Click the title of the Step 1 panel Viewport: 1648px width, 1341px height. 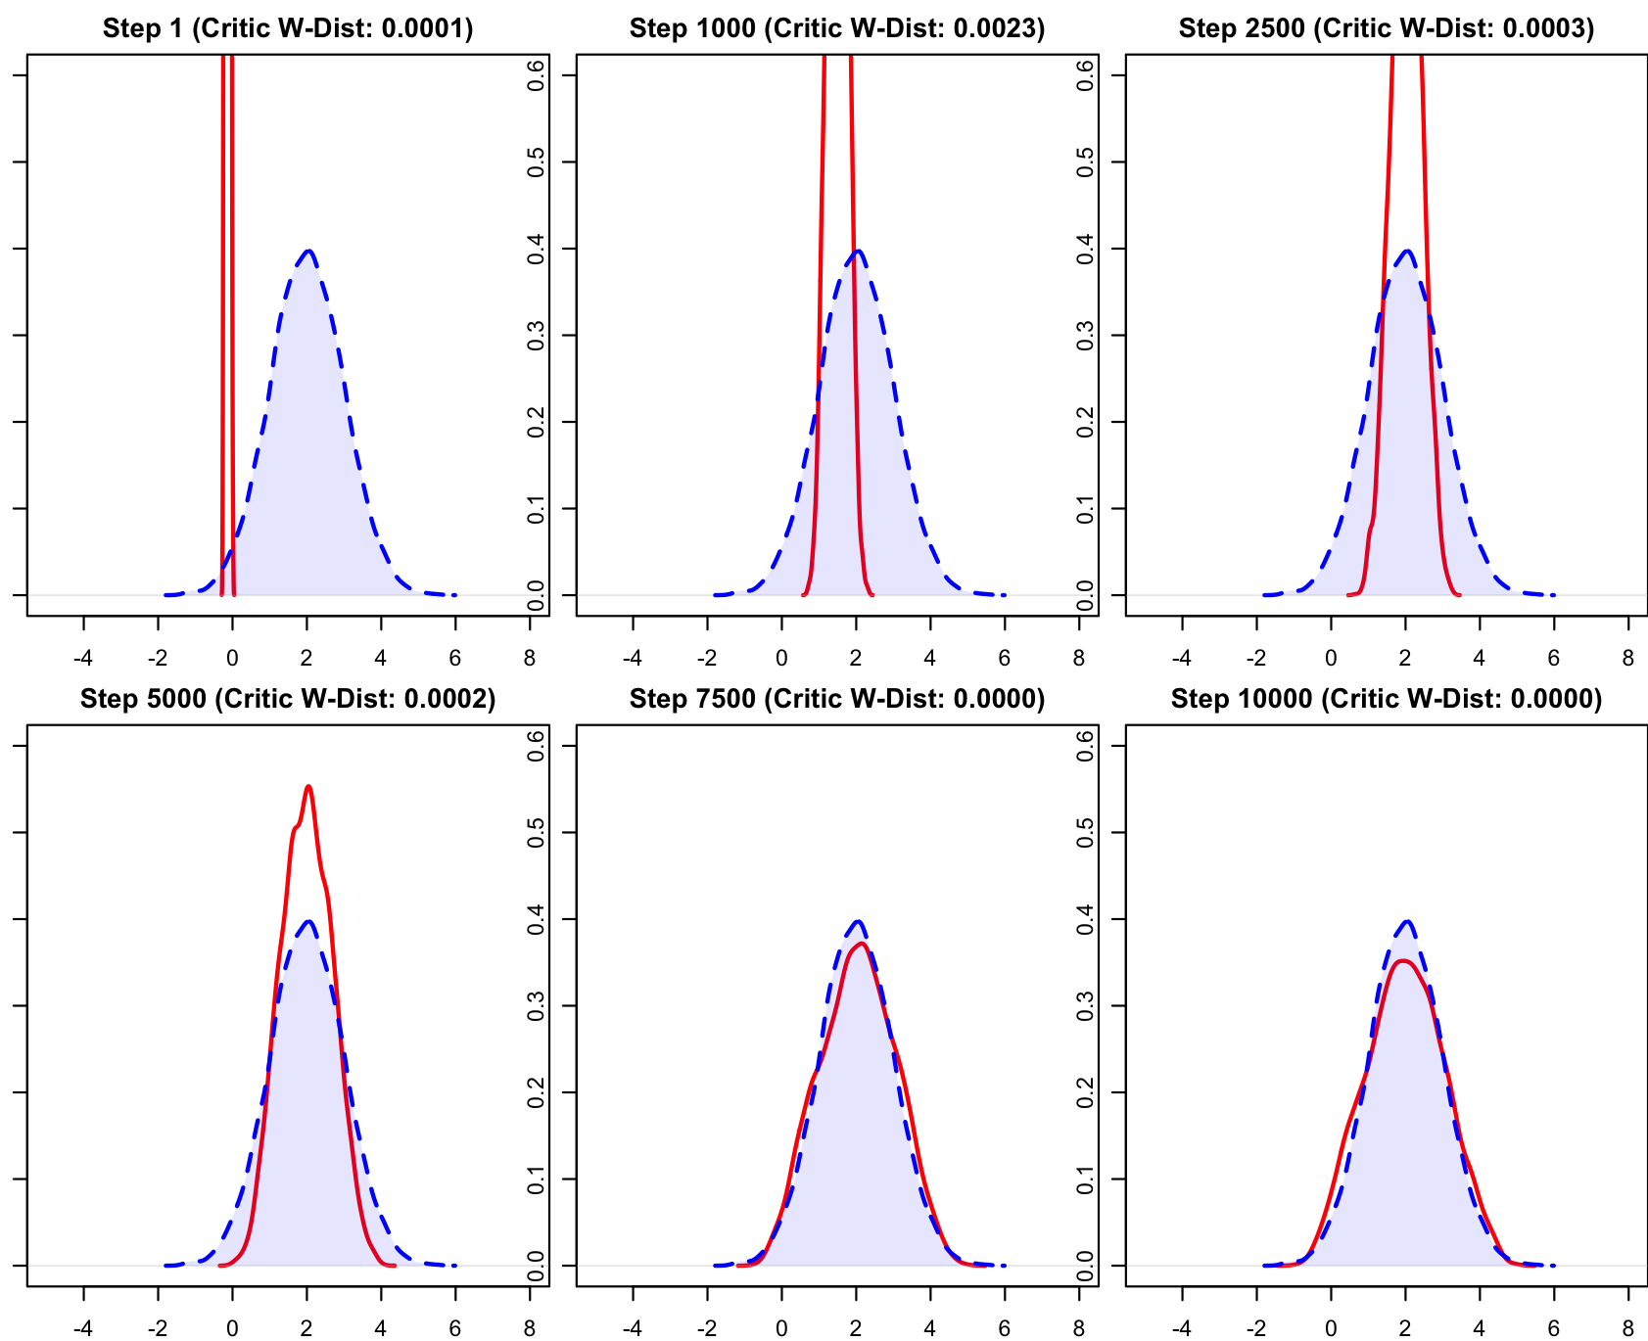288,28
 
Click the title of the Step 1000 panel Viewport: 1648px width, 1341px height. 837,28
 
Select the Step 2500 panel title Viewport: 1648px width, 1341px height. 1387,28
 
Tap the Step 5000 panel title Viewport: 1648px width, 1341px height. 288,699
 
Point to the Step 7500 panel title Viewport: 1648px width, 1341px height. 837,699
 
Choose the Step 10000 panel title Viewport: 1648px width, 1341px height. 1387,699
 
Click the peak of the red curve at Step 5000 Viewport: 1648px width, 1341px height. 308,786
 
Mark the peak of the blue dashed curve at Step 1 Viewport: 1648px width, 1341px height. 307,250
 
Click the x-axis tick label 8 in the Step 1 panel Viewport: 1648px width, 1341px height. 530,659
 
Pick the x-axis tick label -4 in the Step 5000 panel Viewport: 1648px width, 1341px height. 84,1329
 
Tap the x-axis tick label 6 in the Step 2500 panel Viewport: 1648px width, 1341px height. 1554,659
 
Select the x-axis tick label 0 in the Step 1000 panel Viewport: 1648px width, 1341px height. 781,659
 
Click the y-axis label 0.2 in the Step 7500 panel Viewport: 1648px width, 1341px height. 537,1091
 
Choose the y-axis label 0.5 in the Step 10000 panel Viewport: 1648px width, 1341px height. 1086,832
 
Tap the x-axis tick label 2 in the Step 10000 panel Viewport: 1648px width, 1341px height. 1405,1329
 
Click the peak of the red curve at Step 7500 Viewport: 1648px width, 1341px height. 861,944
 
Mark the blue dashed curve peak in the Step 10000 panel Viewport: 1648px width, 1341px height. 1407,920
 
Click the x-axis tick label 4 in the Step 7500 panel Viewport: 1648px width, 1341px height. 930,1329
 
